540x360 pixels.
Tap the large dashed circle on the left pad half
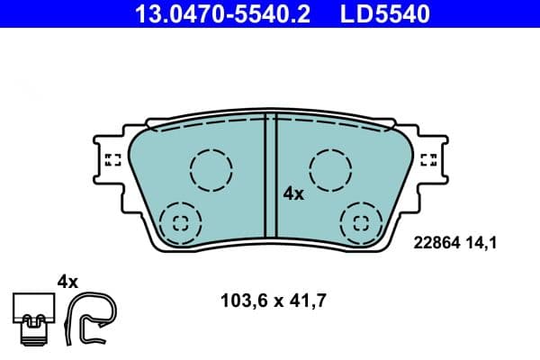211,168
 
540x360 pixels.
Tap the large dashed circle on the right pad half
329,168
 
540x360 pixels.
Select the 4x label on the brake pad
293,193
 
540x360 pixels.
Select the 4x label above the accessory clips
68,281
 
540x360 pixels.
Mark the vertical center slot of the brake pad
269,175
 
